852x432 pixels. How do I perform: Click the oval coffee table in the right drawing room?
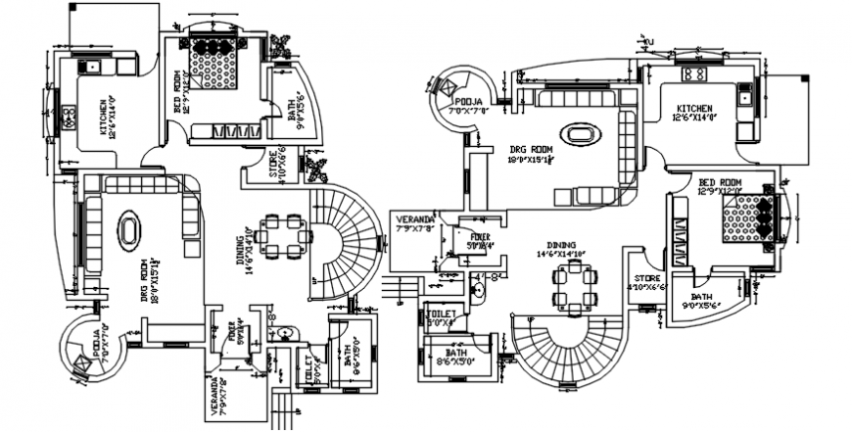click(576, 133)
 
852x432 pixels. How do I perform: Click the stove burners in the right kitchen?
click(695, 73)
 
